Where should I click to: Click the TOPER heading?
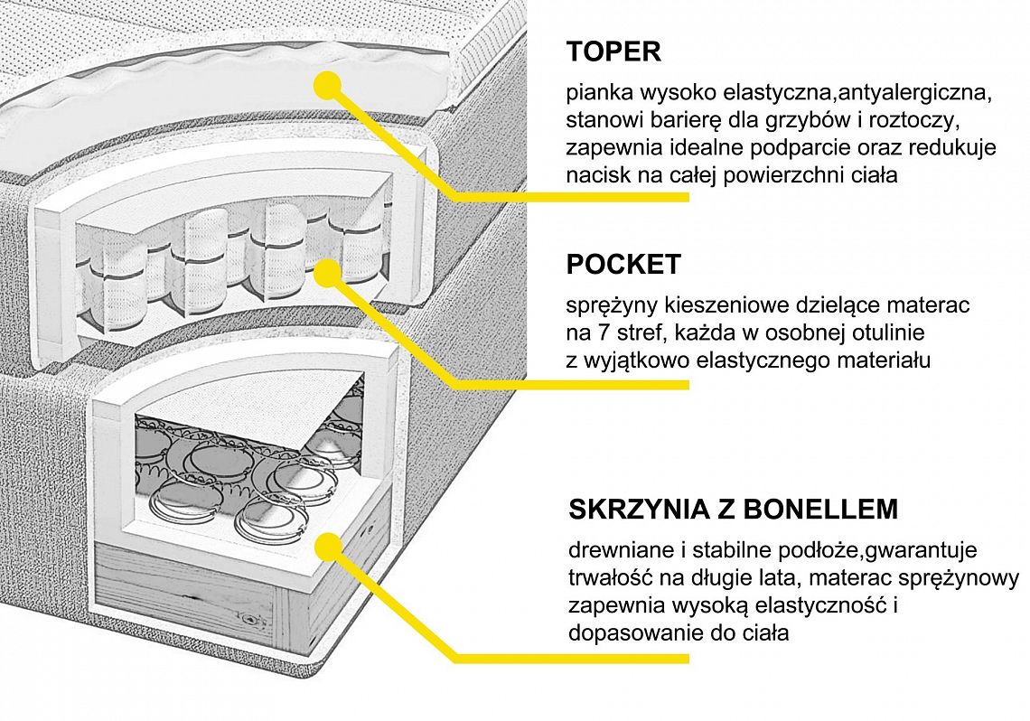click(613, 51)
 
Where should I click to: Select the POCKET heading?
click(623, 265)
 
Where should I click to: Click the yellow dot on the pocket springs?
click(330, 268)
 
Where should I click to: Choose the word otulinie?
click(890, 333)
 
